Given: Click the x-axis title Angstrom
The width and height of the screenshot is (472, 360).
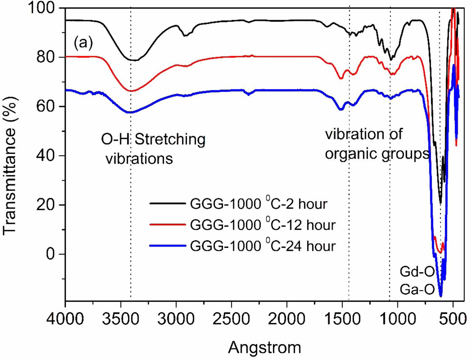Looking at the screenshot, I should point(264,347).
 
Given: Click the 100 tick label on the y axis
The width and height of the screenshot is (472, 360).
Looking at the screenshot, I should point(42,8).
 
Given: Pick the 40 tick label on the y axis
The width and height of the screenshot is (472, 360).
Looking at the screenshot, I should point(46,156).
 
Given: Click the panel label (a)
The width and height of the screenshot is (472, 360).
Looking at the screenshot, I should point(83,43).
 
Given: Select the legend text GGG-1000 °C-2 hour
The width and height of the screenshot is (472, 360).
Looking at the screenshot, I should point(259,204).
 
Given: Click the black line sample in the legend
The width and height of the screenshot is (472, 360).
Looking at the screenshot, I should point(168,203).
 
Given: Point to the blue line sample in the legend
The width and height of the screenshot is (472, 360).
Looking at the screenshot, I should point(168,246).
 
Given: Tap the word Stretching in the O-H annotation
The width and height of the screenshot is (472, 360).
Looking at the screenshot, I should point(170,139).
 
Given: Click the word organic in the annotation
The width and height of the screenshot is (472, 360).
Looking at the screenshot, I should point(347,154).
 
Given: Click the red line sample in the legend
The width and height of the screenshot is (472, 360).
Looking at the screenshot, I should point(168,224).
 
